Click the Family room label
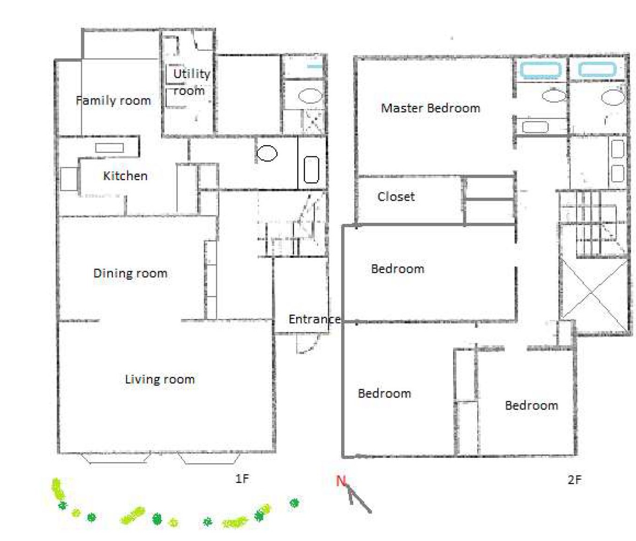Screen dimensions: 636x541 (x=114, y=101)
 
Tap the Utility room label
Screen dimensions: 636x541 (x=191, y=82)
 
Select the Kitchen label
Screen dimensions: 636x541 (x=125, y=176)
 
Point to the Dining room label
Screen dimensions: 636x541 (x=130, y=273)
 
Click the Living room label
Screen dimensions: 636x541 (x=160, y=379)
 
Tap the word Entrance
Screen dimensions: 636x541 (x=314, y=319)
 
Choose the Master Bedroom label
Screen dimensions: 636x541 (x=430, y=108)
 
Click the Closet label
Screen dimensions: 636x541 (x=396, y=196)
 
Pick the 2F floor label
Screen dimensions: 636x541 (x=574, y=480)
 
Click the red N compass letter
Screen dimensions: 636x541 (x=341, y=481)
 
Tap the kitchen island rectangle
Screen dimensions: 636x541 (x=110, y=148)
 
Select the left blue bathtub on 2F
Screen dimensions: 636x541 (x=541, y=70)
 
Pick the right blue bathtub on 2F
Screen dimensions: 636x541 (x=597, y=70)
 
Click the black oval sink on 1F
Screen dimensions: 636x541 (x=267, y=153)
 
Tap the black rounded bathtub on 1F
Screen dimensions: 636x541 (x=312, y=169)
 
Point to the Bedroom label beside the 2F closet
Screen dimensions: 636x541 (x=397, y=269)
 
